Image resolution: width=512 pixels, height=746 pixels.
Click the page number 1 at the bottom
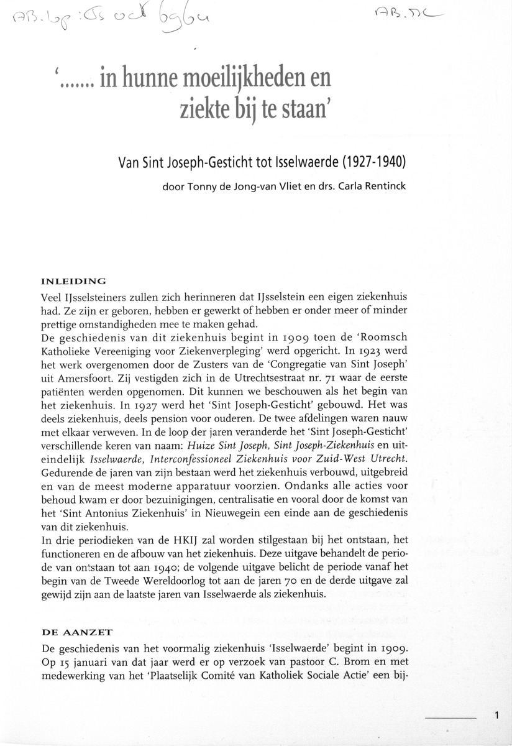click(498, 715)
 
